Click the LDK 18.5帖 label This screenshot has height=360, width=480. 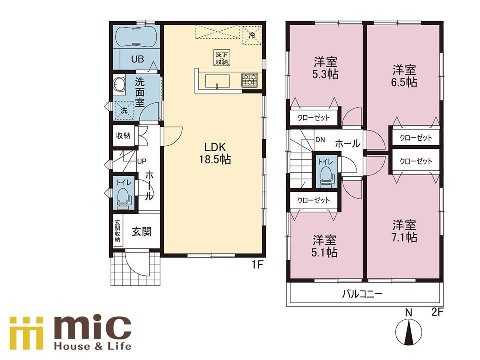pyautogui.click(x=215, y=153)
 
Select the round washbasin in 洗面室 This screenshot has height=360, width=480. pyautogui.click(x=119, y=84)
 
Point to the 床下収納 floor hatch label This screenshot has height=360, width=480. pyautogui.click(x=222, y=58)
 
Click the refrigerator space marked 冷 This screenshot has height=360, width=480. pyautogui.click(x=252, y=35)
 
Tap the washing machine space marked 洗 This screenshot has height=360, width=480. pyautogui.click(x=124, y=110)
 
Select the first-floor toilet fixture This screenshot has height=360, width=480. pyautogui.click(x=123, y=198)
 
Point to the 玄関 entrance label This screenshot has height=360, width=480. pyautogui.click(x=142, y=231)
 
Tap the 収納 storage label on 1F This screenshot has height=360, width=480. pyautogui.click(x=123, y=135)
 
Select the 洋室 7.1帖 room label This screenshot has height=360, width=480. pyautogui.click(x=404, y=231)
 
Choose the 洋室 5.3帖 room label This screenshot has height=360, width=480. pyautogui.click(x=325, y=68)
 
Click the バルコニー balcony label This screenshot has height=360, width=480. pyautogui.click(x=362, y=294)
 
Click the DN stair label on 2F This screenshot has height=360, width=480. pyautogui.click(x=320, y=140)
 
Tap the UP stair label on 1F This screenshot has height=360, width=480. pyautogui.click(x=142, y=161)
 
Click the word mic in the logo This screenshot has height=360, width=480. pyautogui.click(x=93, y=328)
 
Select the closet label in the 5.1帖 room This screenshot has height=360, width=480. pyautogui.click(x=314, y=200)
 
